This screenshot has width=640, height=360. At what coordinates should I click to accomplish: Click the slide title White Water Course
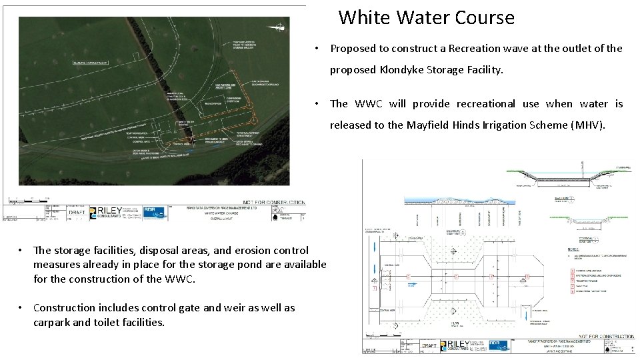pyautogui.click(x=426, y=17)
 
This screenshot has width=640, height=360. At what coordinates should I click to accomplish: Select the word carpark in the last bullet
pyautogui.click(x=52, y=322)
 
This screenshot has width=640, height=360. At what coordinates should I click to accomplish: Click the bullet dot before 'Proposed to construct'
pyautogui.click(x=321, y=48)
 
